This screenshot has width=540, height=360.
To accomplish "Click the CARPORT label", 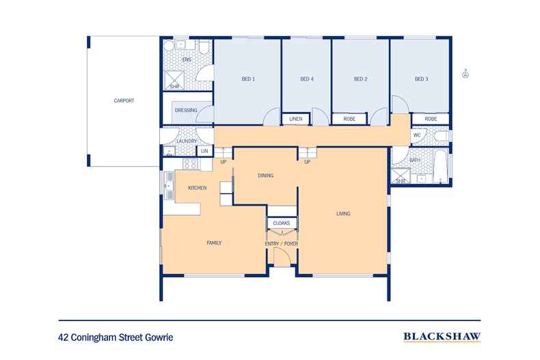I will point(124,100).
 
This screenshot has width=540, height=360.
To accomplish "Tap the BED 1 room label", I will point(248,79).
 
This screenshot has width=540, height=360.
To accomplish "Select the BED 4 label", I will point(307,79).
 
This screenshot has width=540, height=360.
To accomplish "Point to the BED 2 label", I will point(361,79).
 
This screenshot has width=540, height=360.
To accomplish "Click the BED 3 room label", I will point(421,79).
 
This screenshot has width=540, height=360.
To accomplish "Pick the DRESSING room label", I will point(186,110).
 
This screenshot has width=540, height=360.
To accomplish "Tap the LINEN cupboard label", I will point(296,119).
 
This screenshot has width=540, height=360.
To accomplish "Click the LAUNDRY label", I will point(187,141).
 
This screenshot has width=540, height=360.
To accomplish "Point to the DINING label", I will point(266,176).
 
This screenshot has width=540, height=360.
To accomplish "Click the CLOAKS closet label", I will point(281,223).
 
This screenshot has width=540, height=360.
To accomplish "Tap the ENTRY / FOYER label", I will point(282,244).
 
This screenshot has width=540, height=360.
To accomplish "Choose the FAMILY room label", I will point(215,243).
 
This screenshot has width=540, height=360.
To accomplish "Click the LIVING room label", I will point(343,214).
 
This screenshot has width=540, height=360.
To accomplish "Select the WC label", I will point(416,135).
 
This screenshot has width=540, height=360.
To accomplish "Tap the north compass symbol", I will point(465,74).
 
